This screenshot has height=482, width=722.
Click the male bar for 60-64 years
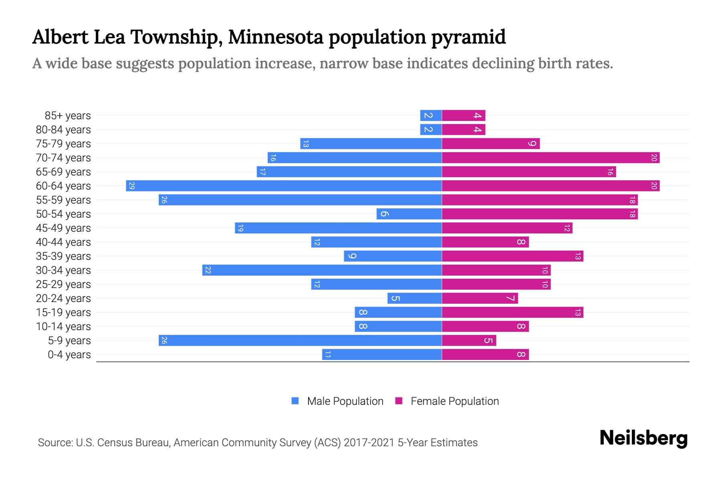coord(284,186)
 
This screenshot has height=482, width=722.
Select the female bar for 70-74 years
coord(550,158)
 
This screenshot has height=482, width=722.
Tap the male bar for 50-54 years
coord(409,214)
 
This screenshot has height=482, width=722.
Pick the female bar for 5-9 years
coord(469,341)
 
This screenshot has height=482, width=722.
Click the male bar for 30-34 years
coord(322,270)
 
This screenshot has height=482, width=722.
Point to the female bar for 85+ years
coord(463,116)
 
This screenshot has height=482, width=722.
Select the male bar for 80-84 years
coord(431,130)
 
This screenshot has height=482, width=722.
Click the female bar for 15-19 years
coord(512,312)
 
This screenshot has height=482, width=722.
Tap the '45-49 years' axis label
coord(63,228)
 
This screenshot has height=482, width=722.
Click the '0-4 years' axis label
coord(69,355)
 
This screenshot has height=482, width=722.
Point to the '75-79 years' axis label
coord(63,144)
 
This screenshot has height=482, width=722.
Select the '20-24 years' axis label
coord(63,298)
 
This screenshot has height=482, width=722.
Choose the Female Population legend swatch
coord(399,401)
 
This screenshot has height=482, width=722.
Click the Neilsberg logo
coord(643,438)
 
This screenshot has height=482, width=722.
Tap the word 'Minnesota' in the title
coord(276,37)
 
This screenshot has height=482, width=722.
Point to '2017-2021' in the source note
coord(369,443)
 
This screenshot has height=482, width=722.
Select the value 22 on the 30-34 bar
coord(208,270)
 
